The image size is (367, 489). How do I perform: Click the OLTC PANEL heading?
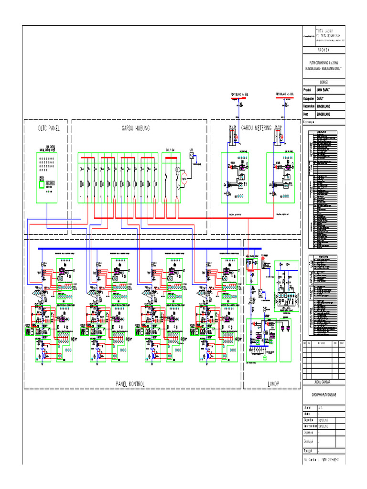click(x=42, y=128)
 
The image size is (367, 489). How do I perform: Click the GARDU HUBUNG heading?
click(x=135, y=128)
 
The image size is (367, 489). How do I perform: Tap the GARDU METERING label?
click(x=256, y=128)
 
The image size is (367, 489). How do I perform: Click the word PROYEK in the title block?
click(x=324, y=50)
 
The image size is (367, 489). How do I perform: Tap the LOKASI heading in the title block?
click(x=324, y=82)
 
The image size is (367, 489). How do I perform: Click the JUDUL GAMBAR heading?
click(x=324, y=382)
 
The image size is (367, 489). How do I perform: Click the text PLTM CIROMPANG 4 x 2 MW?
click(x=324, y=63)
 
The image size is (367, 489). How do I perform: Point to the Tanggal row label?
click(x=309, y=450)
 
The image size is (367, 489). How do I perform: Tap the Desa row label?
click(x=307, y=115)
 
